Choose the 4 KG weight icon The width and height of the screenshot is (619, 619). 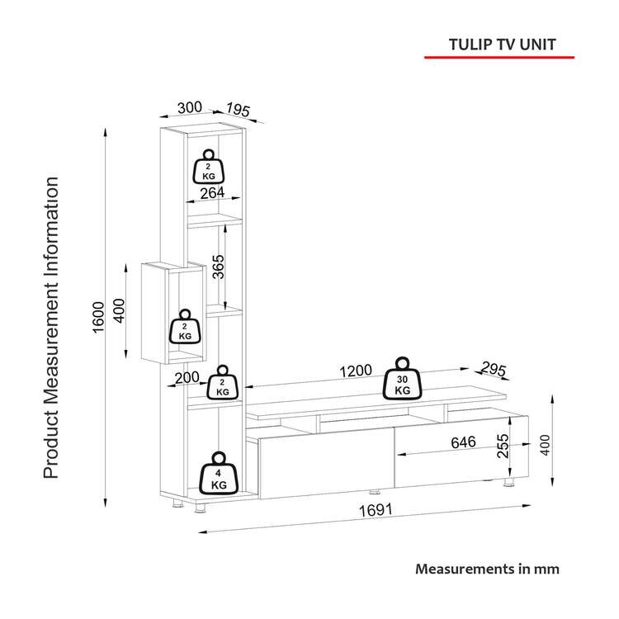pos(218,474)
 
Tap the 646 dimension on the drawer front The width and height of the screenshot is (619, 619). pos(462,442)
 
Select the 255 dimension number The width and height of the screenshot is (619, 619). pos(502,447)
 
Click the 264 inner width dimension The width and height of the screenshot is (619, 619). pos(211,193)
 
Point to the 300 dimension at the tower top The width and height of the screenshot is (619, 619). pos(190,107)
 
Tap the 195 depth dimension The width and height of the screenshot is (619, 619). pos(238,110)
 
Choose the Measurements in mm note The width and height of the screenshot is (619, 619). pos(487,569)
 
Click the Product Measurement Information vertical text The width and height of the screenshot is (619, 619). pos(51,328)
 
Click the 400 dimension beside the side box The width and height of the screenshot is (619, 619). pos(120,312)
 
